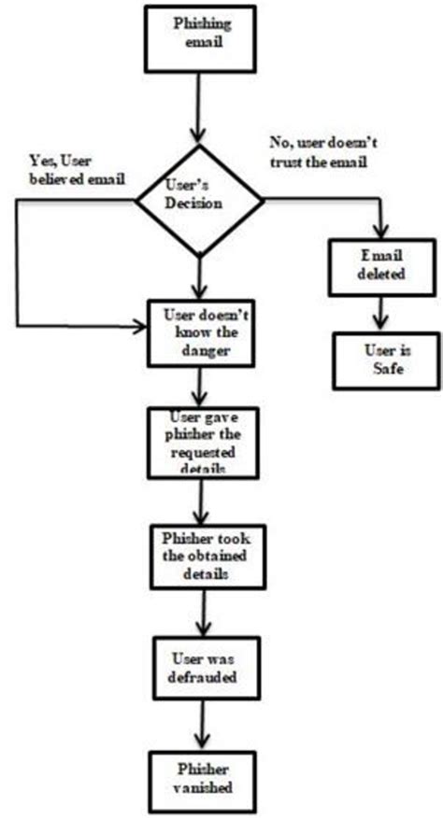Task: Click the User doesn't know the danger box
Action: [199, 331]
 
